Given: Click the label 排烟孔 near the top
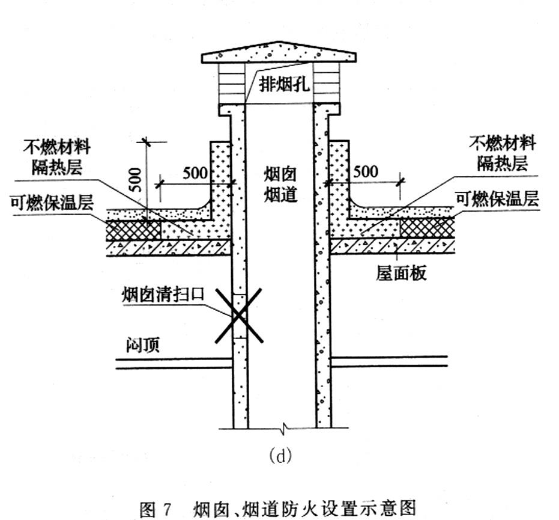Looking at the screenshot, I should pyautogui.click(x=283, y=84).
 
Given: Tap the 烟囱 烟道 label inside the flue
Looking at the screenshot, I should pyautogui.click(x=281, y=185).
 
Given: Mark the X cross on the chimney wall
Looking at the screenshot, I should pyautogui.click(x=239, y=314).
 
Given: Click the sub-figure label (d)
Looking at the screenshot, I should pyautogui.click(x=280, y=456).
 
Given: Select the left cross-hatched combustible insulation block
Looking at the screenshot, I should pyautogui.click(x=133, y=229).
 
